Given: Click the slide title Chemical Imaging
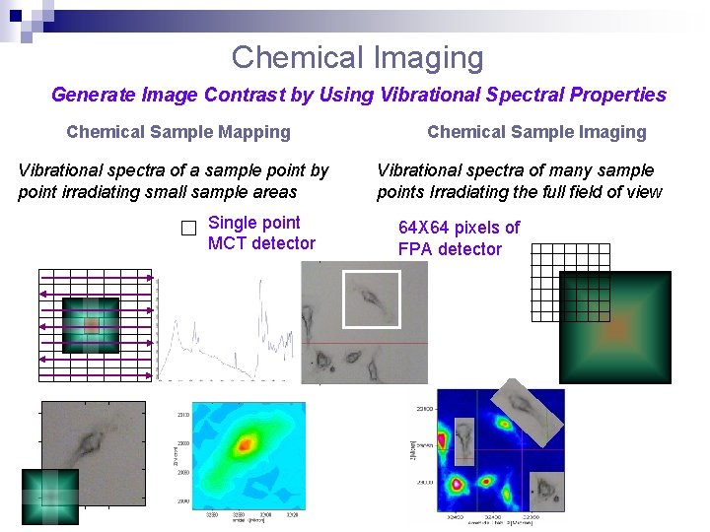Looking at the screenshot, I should [x=357, y=57].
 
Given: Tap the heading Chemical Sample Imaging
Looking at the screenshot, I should [x=536, y=132].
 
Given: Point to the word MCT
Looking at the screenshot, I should [x=229, y=243].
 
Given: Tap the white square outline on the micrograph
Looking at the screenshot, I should [x=371, y=299].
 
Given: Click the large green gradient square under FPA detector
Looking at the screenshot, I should [x=614, y=328].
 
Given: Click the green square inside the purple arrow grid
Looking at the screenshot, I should [x=91, y=325].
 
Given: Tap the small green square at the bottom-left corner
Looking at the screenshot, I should [x=49, y=496].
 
